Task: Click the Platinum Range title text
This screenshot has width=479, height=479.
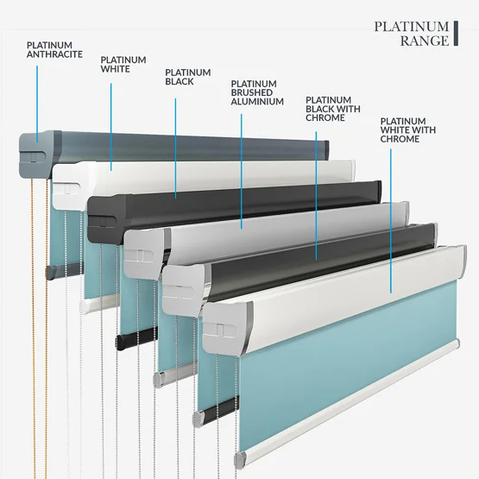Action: pos(412,34)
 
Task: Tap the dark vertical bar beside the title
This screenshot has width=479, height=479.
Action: pos(456,34)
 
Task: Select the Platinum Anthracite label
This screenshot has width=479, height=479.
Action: pos(54,49)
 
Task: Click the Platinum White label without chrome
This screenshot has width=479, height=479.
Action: pos(123,64)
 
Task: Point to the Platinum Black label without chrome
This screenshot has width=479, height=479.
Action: pos(188,77)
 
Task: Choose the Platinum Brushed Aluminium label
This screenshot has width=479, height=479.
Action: pos(257,92)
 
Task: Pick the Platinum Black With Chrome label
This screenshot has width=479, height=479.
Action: pos(333,109)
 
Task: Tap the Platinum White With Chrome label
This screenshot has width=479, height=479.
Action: pos(408,129)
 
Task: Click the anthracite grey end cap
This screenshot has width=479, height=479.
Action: pos(35,154)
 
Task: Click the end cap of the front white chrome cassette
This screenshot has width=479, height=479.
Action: pos(224,328)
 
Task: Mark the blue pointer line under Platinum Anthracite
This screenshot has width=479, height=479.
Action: pos(37,104)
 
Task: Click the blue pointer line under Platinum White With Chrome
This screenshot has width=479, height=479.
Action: pos(391,221)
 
